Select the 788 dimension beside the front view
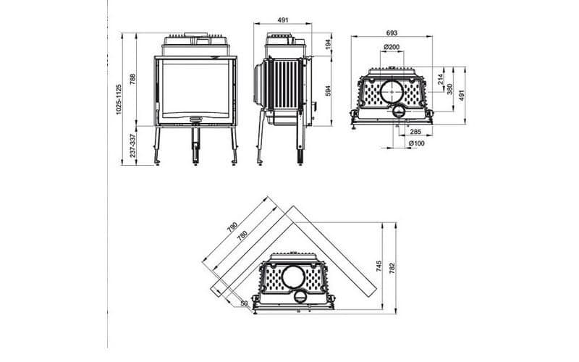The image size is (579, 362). pos(132,80)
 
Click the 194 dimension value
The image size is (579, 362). pos(328,45)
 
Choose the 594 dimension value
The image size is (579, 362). pos(328,91)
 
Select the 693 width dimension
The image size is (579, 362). pos(392,33)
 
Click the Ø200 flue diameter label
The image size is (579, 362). pos(392,47)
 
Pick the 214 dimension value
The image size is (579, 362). pos(440,79)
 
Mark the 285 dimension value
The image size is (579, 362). pos(415,132)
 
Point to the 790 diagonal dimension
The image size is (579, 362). pos(232,227)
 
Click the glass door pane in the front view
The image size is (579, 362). pos(196,85)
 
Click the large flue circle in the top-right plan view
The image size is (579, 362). pos(392,91)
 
